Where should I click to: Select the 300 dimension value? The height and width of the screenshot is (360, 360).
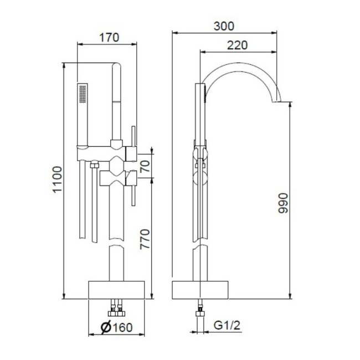coord(224,26)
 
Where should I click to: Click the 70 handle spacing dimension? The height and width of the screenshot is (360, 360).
coord(145,166)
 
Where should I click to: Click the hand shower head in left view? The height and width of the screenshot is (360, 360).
coord(83,94)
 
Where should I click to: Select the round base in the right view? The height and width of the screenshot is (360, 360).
coord(199,290)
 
